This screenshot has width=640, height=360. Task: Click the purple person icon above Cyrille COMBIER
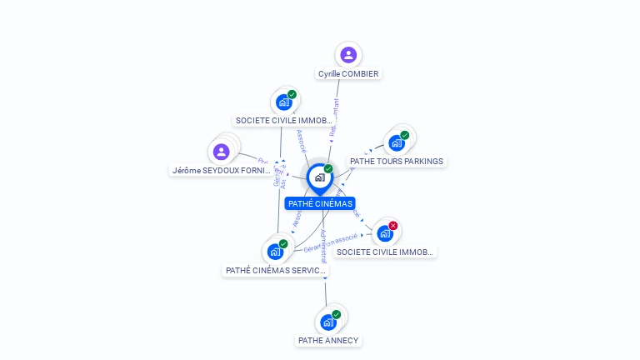tap(348, 55)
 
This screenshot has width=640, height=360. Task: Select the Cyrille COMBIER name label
tap(348, 74)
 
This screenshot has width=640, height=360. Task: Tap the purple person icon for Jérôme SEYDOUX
tap(221, 152)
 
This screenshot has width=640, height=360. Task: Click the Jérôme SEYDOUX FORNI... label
tap(222, 171)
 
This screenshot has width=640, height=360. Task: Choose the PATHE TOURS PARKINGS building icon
tap(397, 143)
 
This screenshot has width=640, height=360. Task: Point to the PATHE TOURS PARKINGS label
tap(397, 162)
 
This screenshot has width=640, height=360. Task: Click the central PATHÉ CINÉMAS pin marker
tap(319, 177)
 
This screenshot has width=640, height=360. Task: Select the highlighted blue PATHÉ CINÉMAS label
tap(320, 203)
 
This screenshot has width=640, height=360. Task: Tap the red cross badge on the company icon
tap(393, 226)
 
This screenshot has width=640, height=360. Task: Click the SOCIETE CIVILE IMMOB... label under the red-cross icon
tap(385, 252)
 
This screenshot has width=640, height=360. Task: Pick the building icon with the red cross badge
tap(384, 234)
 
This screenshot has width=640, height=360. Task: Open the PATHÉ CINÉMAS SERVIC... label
tap(276, 271)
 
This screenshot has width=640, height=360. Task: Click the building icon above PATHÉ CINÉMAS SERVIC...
tap(275, 251)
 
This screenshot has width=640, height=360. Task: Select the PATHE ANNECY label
tap(328, 341)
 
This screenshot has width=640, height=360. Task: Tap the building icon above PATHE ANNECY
tap(328, 322)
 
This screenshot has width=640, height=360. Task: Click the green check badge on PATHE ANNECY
tap(337, 314)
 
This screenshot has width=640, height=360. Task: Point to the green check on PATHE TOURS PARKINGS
tap(405, 135)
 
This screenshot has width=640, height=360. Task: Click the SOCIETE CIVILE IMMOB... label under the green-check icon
tap(284, 121)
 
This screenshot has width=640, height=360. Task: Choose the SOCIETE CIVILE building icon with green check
tap(283, 102)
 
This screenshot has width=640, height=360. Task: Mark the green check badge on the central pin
tap(328, 169)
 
